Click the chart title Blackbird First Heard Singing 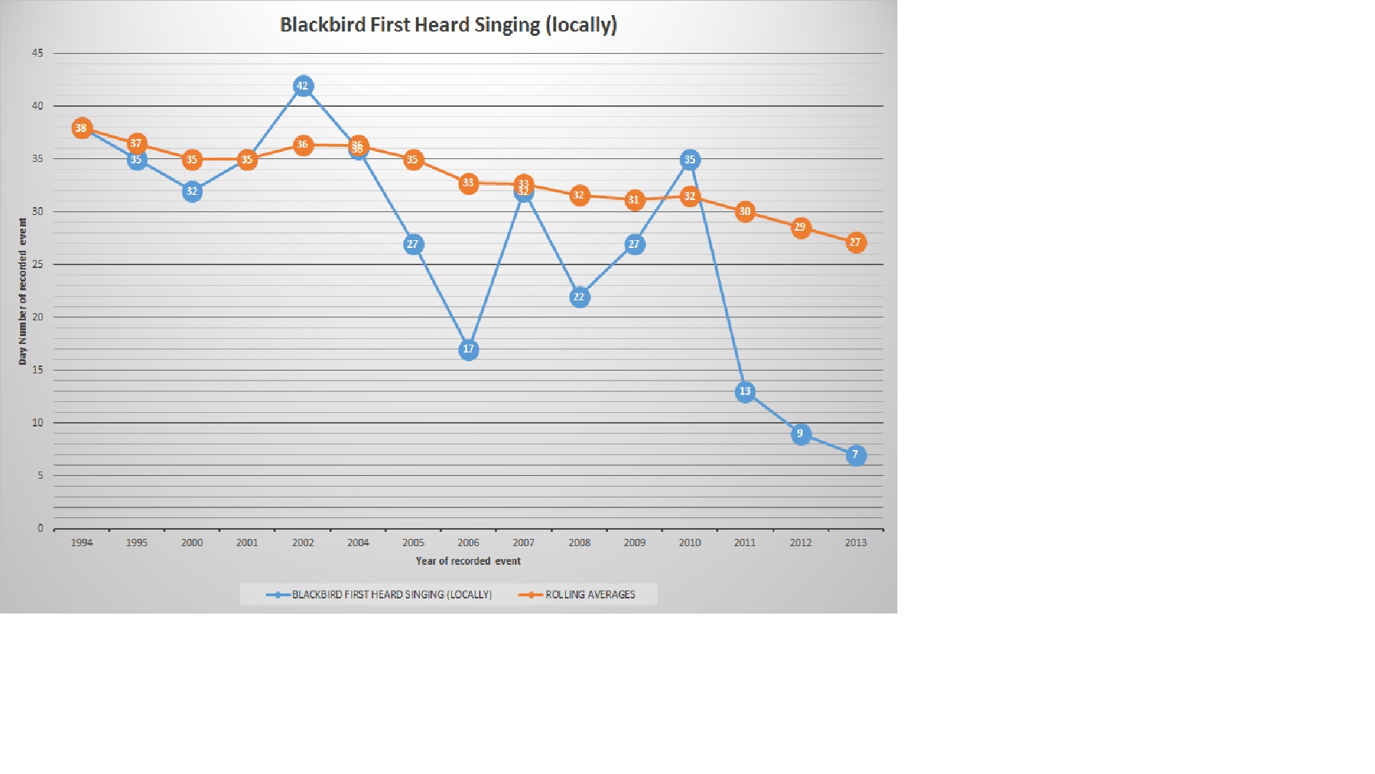(x=448, y=25)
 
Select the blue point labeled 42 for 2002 (x=303, y=87)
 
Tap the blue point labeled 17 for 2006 (x=468, y=350)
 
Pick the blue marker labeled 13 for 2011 (x=745, y=392)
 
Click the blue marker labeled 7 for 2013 (x=856, y=455)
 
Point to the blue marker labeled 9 (x=801, y=434)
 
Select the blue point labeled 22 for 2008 (x=579, y=297)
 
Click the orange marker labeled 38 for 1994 (x=82, y=129)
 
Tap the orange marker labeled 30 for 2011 (x=745, y=212)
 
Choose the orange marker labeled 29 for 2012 (x=801, y=228)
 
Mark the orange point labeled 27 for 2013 (x=856, y=243)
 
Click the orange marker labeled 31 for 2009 (x=634, y=201)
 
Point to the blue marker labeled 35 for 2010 (x=690, y=160)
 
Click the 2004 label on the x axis (x=358, y=543)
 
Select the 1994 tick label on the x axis (x=82, y=543)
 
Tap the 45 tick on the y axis (x=37, y=53)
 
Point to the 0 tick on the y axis (x=40, y=529)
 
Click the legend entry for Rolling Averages (x=589, y=595)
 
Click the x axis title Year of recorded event (x=468, y=561)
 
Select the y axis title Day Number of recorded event (x=23, y=292)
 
